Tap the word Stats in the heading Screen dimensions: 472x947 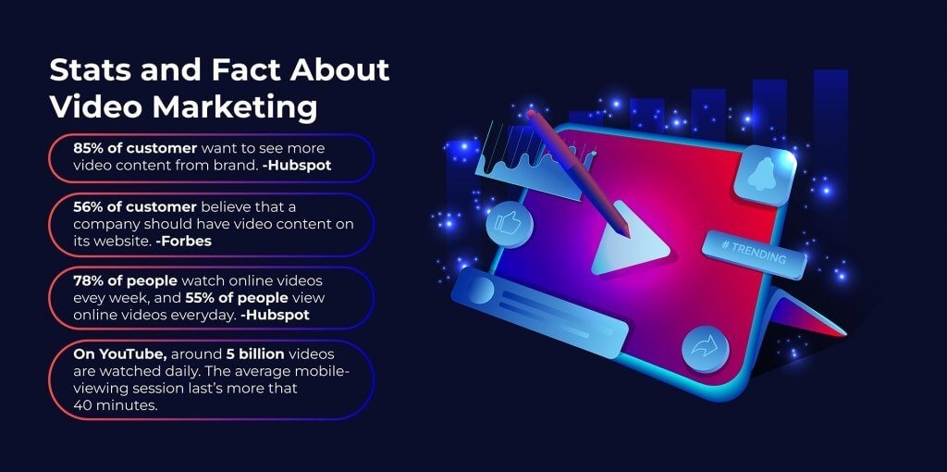click(x=91, y=70)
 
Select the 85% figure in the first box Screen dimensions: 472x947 click(x=89, y=148)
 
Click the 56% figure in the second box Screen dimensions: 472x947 click(x=89, y=206)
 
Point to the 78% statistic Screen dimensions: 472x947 click(x=89, y=279)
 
